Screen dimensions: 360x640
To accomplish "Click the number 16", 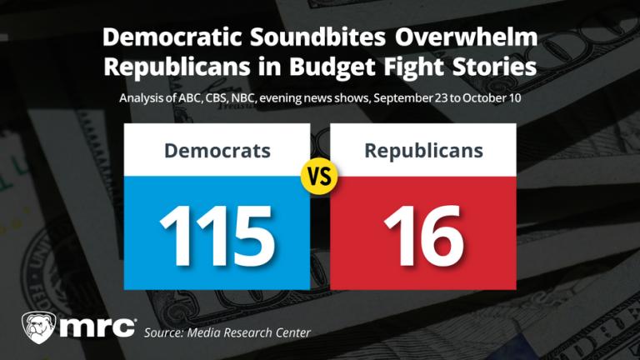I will (x=423, y=231).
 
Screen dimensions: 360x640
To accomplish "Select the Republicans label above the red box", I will (x=423, y=151).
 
